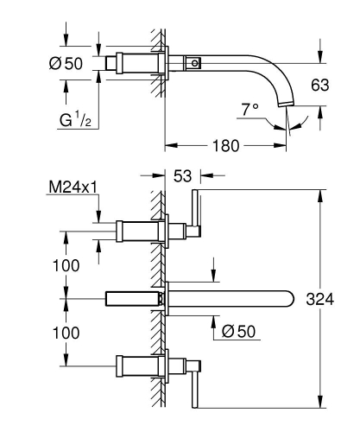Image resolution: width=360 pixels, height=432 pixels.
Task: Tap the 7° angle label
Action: click(x=250, y=110)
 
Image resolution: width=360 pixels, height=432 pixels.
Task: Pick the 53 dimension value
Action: click(x=183, y=176)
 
